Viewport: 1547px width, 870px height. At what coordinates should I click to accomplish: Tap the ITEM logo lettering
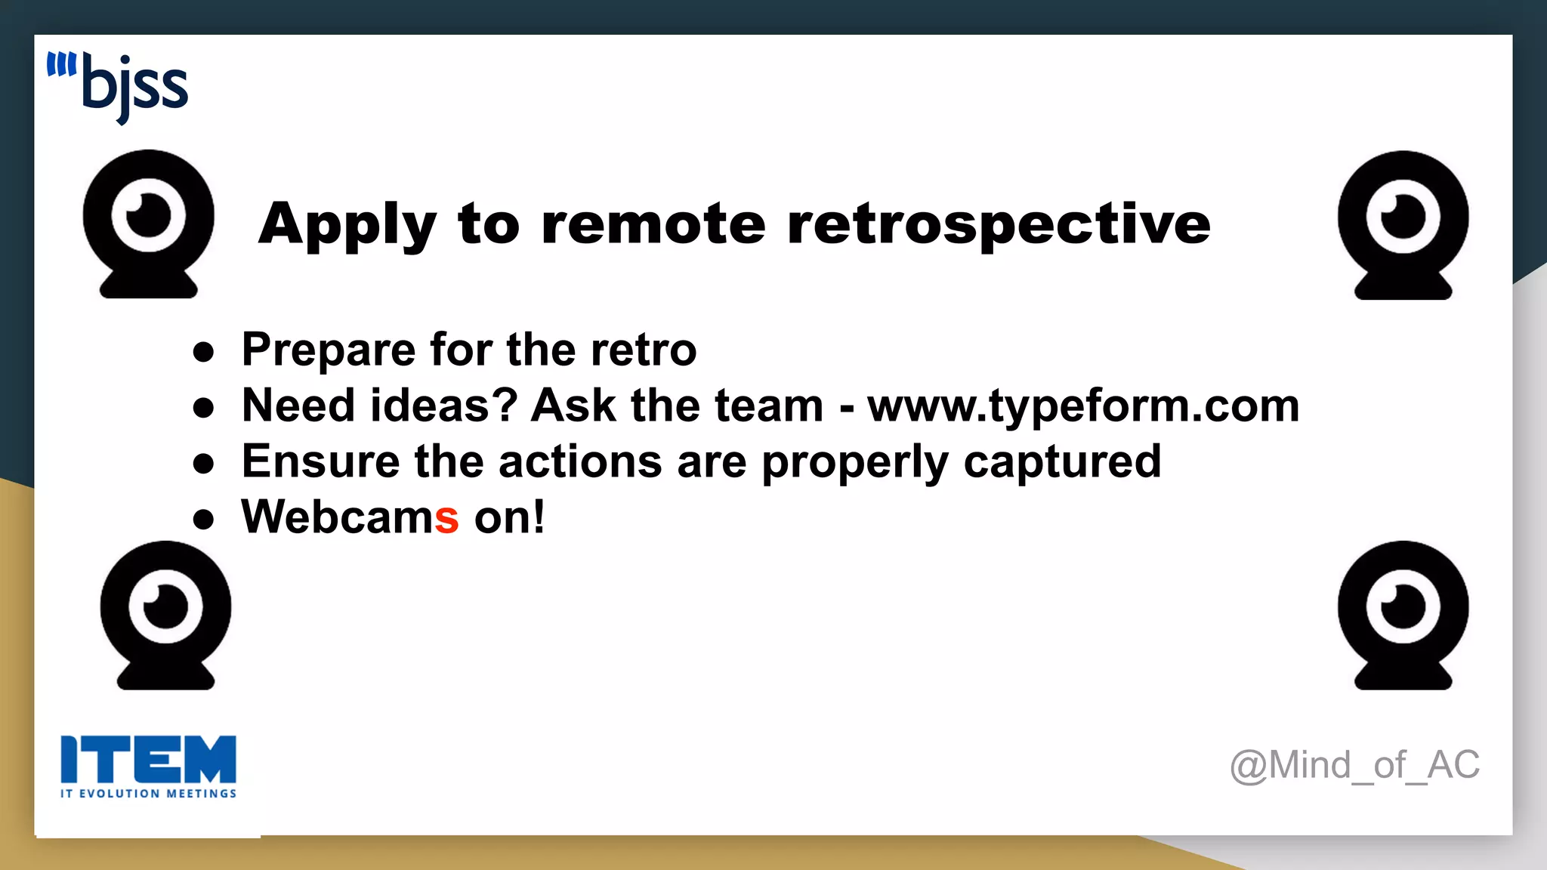coord(148,759)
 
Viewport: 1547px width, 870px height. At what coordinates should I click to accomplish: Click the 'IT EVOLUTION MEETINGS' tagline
coord(148,794)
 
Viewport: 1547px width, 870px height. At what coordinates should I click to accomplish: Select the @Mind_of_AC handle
coord(1354,765)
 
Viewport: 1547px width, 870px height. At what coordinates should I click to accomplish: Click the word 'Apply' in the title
coord(347,225)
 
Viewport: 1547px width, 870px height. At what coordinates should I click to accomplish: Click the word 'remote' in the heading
coord(654,225)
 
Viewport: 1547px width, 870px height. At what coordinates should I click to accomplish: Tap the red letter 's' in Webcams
coord(446,518)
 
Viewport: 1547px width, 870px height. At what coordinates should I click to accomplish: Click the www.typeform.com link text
coord(1083,406)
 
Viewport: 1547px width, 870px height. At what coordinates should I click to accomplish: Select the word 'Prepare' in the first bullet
coord(328,350)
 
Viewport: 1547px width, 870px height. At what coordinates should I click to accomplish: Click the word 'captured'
coord(1062,461)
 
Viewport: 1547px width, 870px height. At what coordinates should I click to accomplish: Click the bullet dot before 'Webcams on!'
coord(203,519)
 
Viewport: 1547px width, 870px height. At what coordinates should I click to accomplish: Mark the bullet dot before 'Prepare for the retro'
coord(203,351)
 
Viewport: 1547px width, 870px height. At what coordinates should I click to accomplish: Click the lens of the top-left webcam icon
coord(148,215)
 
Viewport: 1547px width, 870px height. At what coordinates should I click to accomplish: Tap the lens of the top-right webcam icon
coord(1403,217)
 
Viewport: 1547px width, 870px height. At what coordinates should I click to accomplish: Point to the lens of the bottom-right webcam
coord(1403,606)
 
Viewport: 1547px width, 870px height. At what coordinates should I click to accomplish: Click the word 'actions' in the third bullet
coord(580,461)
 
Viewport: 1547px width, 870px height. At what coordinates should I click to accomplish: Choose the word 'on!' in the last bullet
coord(509,518)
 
